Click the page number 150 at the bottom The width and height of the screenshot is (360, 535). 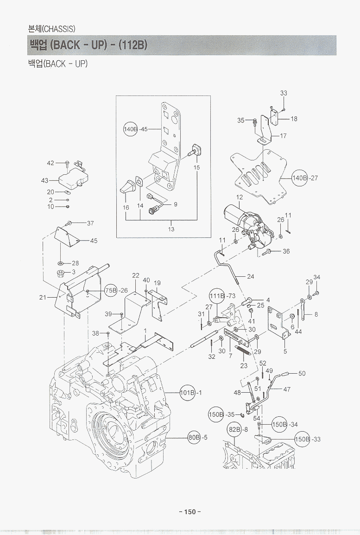(x=190, y=512)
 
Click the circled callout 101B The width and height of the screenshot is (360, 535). (x=188, y=393)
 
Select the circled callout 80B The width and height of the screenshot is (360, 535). (x=195, y=437)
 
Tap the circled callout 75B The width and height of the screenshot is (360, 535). (x=111, y=290)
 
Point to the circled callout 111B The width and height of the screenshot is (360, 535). (x=217, y=296)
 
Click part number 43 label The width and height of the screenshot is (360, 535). (x=45, y=181)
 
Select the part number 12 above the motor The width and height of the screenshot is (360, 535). (x=239, y=197)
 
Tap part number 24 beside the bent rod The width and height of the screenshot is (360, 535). (x=250, y=277)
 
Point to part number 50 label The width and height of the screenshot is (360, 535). (x=302, y=373)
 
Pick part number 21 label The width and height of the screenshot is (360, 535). (x=43, y=298)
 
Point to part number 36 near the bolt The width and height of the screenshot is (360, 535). (x=286, y=252)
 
